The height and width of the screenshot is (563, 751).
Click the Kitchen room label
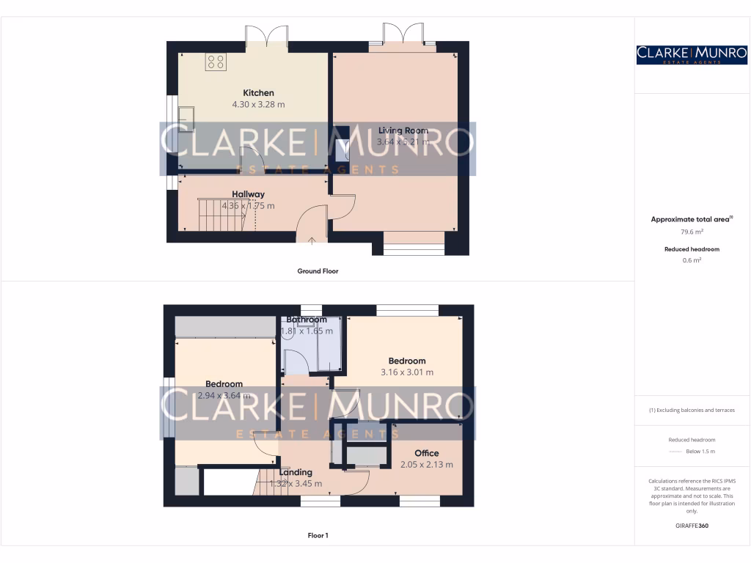(258, 93)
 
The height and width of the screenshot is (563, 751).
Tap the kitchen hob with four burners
(216, 62)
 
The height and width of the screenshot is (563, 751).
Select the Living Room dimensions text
(402, 142)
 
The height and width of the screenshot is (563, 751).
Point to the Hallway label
(248, 194)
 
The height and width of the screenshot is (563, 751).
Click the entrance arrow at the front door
(312, 239)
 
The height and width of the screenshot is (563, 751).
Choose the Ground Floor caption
(318, 271)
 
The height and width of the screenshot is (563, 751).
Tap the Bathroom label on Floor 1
(307, 320)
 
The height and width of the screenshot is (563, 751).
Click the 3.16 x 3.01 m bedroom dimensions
(407, 372)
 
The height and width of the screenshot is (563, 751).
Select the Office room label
(426, 453)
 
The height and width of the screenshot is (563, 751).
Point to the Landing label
(296, 472)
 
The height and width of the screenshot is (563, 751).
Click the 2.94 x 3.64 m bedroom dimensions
(224, 396)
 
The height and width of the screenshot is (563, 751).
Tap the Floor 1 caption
(318, 536)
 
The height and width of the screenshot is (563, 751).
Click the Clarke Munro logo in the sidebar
(692, 54)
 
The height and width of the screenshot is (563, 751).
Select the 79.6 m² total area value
(692, 232)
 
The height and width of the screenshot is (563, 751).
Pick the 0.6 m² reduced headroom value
(692, 260)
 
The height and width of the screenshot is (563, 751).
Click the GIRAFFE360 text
(692, 526)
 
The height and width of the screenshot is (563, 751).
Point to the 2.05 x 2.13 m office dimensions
(426, 465)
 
